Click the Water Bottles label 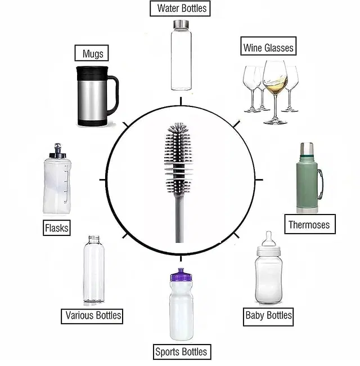180,8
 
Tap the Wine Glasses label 268,47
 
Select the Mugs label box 92,54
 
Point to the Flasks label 56,227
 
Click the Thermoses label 309,225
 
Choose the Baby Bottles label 268,315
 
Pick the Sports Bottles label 181,352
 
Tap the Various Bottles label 93,315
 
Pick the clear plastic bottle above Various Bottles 93,270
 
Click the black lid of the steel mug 91,73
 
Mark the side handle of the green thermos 320,183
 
